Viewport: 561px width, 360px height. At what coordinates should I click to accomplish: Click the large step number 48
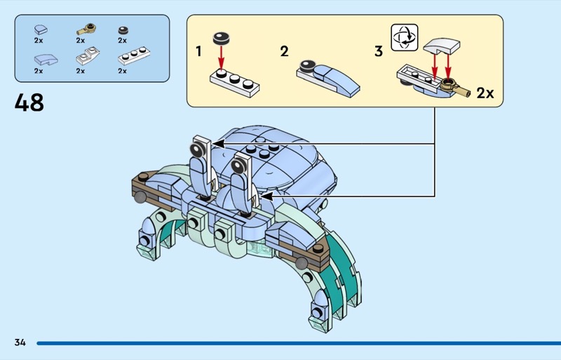coord(29,103)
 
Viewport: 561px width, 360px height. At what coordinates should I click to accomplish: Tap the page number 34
coord(20,342)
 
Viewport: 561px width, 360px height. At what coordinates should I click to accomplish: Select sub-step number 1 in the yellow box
coord(199,51)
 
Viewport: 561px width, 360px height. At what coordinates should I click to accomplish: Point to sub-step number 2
coord(284,51)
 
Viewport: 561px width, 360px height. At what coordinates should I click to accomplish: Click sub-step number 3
coord(379,51)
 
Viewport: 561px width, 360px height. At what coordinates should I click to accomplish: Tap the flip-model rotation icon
coord(404,36)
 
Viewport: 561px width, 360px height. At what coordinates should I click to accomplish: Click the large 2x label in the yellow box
coord(485,93)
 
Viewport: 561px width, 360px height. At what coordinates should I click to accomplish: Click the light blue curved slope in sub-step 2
coord(333,79)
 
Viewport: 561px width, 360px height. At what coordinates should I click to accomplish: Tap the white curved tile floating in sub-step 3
coord(442,46)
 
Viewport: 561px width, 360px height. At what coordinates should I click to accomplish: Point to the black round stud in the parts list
coord(123,29)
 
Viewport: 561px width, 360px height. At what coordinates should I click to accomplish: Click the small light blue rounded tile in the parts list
coord(40,29)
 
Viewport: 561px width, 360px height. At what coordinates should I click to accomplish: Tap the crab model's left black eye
coord(199,149)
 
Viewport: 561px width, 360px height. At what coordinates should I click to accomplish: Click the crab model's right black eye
coord(238,166)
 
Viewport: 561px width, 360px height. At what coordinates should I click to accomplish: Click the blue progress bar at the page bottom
coord(295,343)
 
